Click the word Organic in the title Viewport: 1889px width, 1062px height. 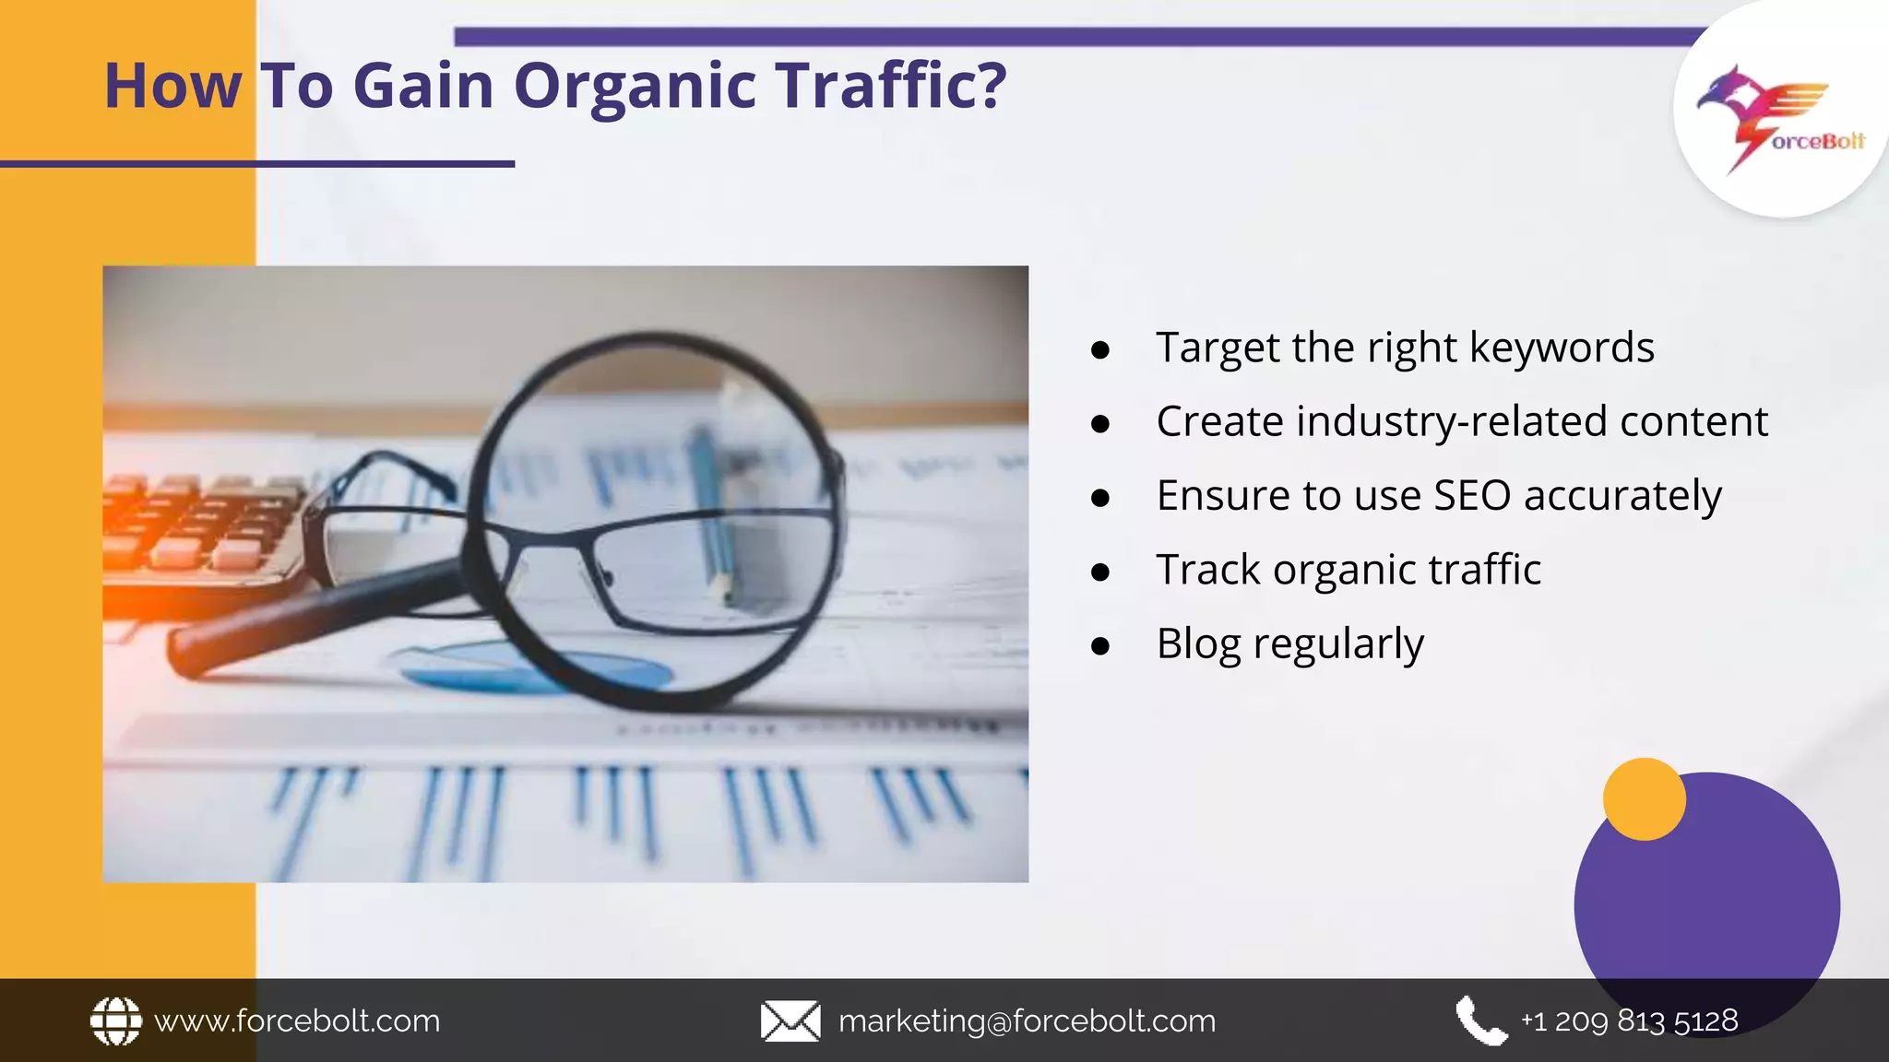point(635,87)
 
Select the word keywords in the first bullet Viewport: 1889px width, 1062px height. point(1561,348)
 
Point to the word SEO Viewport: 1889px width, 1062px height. point(1472,496)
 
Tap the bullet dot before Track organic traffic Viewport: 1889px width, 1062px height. point(1099,572)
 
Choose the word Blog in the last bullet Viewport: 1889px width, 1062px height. point(1198,643)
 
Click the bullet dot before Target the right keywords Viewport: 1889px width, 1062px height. point(1099,350)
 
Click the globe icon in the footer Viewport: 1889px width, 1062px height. point(116,1021)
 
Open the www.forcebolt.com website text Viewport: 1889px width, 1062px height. point(297,1021)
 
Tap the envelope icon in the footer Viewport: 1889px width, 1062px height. point(790,1021)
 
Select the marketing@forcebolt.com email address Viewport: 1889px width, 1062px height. point(1027,1021)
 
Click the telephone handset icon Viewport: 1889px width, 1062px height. point(1480,1021)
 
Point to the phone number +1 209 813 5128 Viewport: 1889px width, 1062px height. point(1629,1021)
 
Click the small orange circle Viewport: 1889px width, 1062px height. point(1644,799)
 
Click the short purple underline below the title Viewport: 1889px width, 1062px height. point(257,164)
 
